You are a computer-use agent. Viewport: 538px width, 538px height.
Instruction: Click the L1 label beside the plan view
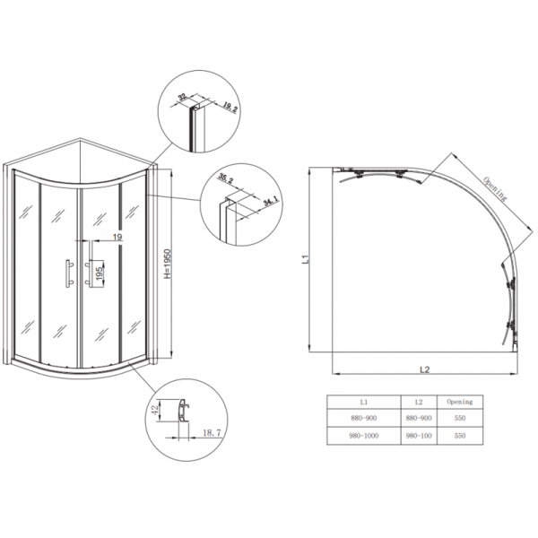point(306,261)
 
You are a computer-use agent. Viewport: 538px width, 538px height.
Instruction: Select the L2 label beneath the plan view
point(427,368)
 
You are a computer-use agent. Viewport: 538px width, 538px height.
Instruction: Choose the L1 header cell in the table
point(363,402)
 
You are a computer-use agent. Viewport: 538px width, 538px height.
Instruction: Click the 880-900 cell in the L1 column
point(363,418)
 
